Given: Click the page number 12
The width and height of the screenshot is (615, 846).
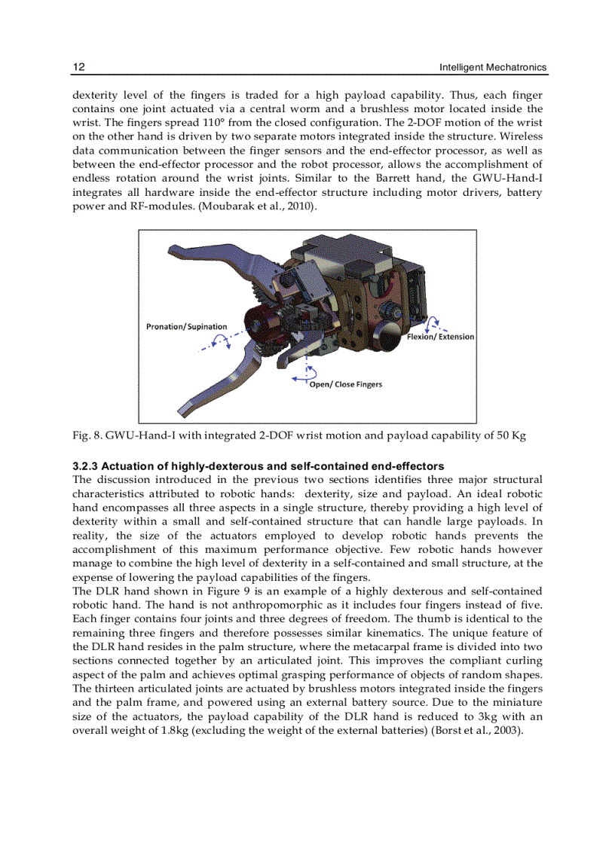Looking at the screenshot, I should click(x=78, y=68).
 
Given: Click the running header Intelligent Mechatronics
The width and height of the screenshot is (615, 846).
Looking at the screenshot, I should click(x=493, y=69).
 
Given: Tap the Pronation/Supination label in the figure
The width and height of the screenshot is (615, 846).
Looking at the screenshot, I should click(x=186, y=326).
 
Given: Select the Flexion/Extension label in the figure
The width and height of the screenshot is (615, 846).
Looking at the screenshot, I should click(x=441, y=337).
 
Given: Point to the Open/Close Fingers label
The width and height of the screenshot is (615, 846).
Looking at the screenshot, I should click(x=346, y=384).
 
